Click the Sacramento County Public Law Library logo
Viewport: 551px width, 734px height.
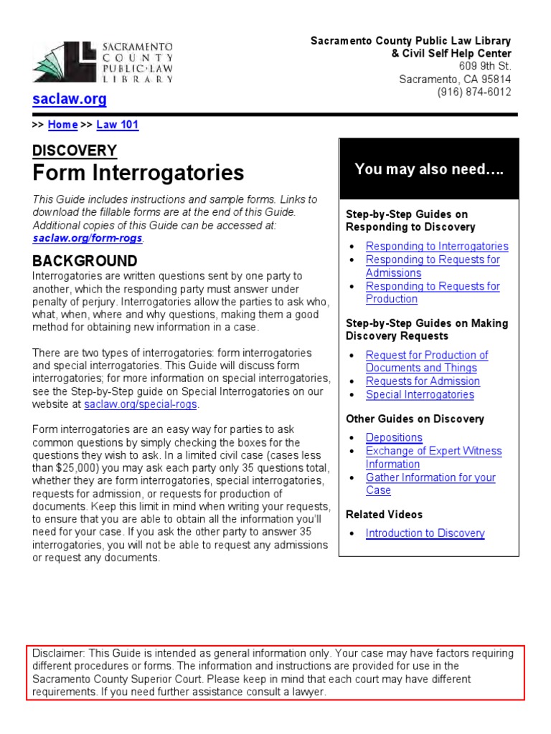coord(103,62)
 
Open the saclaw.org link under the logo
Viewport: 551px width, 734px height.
coord(70,100)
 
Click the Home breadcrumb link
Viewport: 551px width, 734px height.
coord(62,125)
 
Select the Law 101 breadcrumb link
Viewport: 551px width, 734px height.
coord(117,125)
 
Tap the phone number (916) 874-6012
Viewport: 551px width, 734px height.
coord(474,92)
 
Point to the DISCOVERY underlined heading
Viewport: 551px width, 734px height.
coord(75,151)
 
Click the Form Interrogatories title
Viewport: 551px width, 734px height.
coord(138,173)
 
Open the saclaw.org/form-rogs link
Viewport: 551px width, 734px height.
coord(88,238)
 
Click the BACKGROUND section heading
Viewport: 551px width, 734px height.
coord(85,261)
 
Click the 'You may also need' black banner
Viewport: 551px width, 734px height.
coord(429,170)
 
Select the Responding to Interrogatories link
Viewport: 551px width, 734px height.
coord(436,247)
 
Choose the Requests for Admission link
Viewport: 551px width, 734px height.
coord(423,381)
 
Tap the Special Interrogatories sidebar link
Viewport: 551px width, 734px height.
coord(420,395)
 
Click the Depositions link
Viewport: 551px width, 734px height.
coord(394,438)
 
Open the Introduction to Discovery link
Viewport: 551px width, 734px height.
coord(425,533)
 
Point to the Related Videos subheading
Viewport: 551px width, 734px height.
coord(384,515)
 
